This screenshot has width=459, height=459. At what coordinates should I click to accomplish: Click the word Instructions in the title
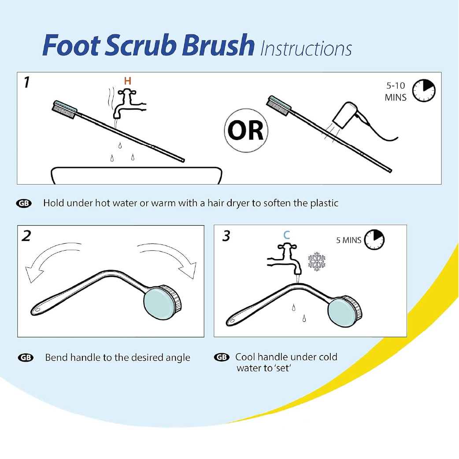(x=306, y=49)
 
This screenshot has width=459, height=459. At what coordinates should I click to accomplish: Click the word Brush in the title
(x=218, y=46)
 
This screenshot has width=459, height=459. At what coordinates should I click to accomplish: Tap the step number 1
(x=27, y=83)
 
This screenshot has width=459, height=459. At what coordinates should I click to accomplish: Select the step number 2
(x=27, y=236)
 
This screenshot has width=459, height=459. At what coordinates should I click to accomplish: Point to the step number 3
(x=226, y=236)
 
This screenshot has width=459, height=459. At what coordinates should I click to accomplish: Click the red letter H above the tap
(x=128, y=81)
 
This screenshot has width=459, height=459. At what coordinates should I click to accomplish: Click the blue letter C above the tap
(x=287, y=235)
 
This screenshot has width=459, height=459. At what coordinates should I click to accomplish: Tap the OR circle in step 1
(x=246, y=131)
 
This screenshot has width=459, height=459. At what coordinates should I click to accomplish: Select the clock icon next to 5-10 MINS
(x=423, y=91)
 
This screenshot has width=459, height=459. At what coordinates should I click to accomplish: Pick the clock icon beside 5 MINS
(x=374, y=240)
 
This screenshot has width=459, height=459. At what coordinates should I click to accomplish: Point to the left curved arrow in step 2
(x=48, y=260)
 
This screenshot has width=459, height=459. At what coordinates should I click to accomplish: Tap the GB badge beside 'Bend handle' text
(x=25, y=358)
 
